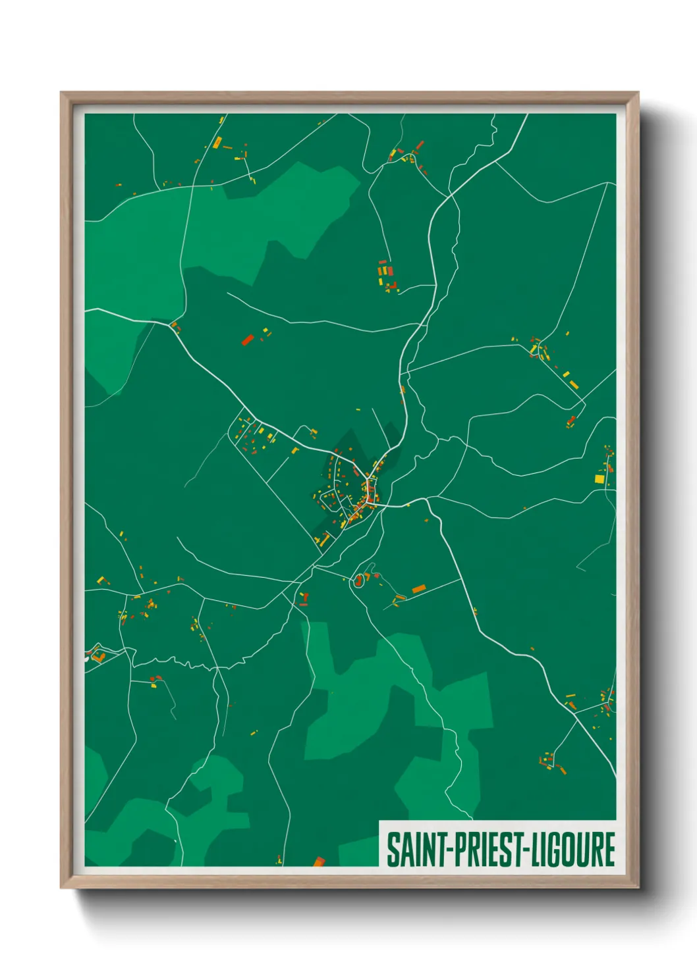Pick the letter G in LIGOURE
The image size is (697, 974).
(x=552, y=850)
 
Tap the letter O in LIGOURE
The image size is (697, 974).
(x=567, y=850)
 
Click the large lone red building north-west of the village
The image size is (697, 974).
(x=248, y=340)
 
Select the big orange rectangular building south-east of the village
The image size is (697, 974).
(x=418, y=588)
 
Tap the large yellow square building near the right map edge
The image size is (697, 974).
(x=599, y=478)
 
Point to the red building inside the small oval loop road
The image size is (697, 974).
(x=359, y=580)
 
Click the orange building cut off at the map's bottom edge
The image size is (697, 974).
(x=319, y=861)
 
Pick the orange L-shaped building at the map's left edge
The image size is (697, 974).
(x=98, y=655)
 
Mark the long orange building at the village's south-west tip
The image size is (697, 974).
(x=323, y=540)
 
